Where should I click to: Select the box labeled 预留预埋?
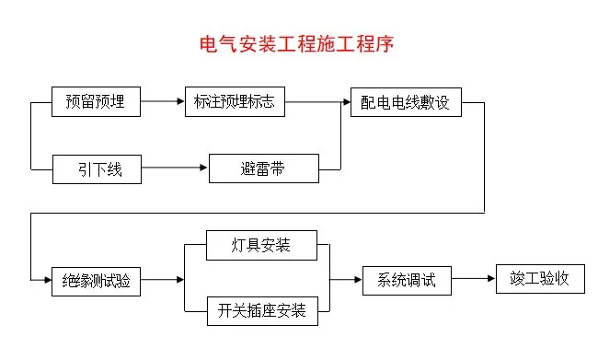[x=96, y=101]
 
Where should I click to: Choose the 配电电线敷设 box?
[x=406, y=101]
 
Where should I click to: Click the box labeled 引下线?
[x=96, y=168]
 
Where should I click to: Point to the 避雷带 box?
[x=265, y=168]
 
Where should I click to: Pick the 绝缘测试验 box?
[x=96, y=280]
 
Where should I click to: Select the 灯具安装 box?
[x=262, y=246]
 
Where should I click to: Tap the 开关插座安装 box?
[x=262, y=311]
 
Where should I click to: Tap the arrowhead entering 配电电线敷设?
[x=346, y=101]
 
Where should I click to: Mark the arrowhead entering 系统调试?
[x=358, y=279]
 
